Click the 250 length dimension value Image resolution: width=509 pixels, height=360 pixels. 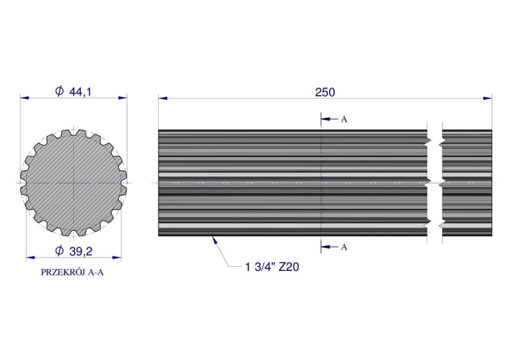point(324,92)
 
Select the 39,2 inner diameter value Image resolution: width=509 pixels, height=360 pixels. point(81,252)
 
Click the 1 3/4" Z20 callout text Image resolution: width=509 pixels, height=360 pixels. point(272,267)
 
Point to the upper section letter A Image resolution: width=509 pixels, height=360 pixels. point(344,120)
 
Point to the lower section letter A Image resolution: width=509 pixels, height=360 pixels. point(344,247)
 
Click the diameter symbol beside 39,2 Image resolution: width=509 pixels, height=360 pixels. point(59,252)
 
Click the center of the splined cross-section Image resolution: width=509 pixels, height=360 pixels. point(73,183)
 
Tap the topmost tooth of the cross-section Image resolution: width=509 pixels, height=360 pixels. point(73,133)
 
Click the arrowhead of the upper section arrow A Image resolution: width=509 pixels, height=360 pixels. point(324,119)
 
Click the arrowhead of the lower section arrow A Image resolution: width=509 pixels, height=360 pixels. point(324,247)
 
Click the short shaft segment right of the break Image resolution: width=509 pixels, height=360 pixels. point(467,183)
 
